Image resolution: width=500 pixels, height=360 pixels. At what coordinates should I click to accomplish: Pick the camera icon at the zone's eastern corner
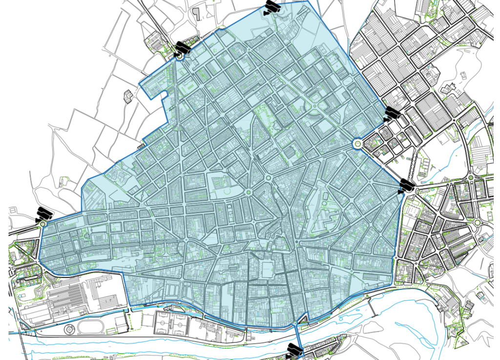tap(406, 186)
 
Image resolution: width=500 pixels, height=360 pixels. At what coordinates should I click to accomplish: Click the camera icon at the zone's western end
tap(44, 213)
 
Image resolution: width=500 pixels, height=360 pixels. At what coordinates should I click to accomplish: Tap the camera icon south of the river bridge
tap(294, 350)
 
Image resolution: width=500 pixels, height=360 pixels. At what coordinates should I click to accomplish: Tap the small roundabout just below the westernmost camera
tap(43, 223)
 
